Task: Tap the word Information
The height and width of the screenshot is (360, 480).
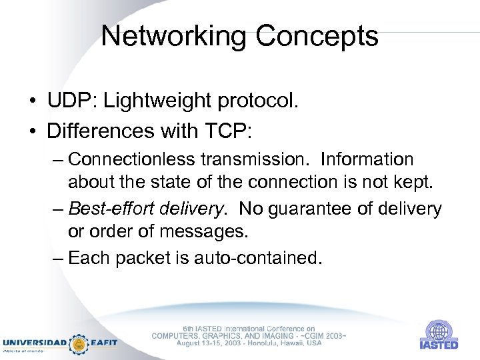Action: point(367,160)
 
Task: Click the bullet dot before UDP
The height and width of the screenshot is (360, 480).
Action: point(33,102)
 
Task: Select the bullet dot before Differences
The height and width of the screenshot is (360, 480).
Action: point(33,131)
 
